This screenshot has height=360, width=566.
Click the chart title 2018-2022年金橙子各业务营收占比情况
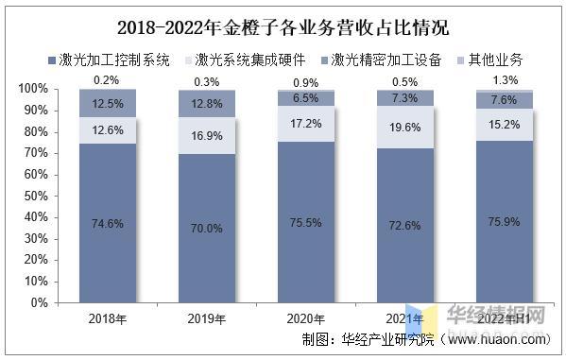pos(283,26)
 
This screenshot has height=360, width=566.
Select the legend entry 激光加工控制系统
pos(117,60)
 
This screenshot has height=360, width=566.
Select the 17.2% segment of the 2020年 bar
pos(306,124)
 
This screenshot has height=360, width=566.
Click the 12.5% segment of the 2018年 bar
pos(106,103)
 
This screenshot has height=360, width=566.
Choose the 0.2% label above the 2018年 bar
pos(106,79)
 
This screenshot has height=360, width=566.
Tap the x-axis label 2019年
pos(206,318)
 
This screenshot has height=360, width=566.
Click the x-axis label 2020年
pos(306,318)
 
